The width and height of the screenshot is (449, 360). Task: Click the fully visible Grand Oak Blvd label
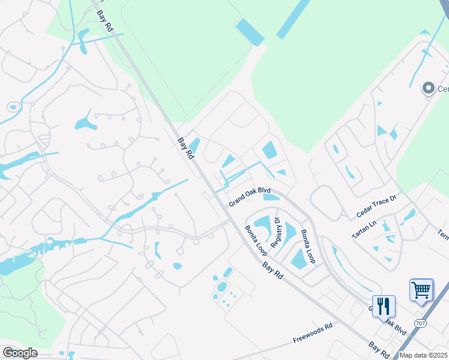(x=249, y=197)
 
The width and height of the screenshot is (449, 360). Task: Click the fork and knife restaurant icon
(x=384, y=306)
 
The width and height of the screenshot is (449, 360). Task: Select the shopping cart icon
(x=421, y=290)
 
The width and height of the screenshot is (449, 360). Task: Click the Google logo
(x=20, y=353)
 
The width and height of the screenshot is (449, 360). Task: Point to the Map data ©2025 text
(x=423, y=355)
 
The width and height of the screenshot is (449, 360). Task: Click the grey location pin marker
(x=428, y=89)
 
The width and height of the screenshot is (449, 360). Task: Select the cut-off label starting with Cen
(x=443, y=89)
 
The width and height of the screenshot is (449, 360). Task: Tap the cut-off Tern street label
(x=442, y=235)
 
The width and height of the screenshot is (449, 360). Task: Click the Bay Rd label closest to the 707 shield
(x=378, y=347)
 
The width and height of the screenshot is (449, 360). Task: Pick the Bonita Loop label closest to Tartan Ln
(x=308, y=246)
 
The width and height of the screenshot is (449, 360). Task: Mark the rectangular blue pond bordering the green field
(x=250, y=31)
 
